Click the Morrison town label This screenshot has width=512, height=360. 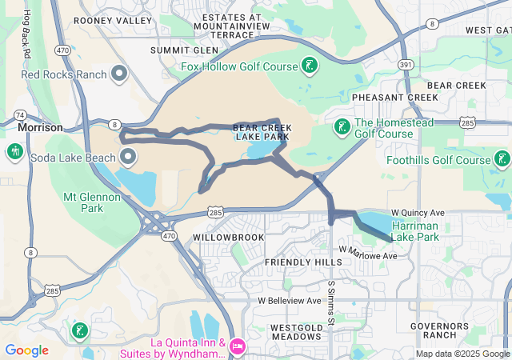click(x=40, y=127)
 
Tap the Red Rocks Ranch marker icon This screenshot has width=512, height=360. click(x=120, y=74)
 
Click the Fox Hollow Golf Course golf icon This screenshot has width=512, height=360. click(x=309, y=66)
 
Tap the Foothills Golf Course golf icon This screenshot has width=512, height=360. click(x=502, y=159)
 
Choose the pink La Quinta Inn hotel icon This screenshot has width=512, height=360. click(x=237, y=346)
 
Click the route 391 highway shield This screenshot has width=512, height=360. click(x=406, y=64)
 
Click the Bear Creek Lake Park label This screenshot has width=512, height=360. click(x=261, y=132)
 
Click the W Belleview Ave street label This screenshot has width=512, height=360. click(x=289, y=300)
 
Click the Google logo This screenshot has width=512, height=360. click(x=26, y=350)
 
